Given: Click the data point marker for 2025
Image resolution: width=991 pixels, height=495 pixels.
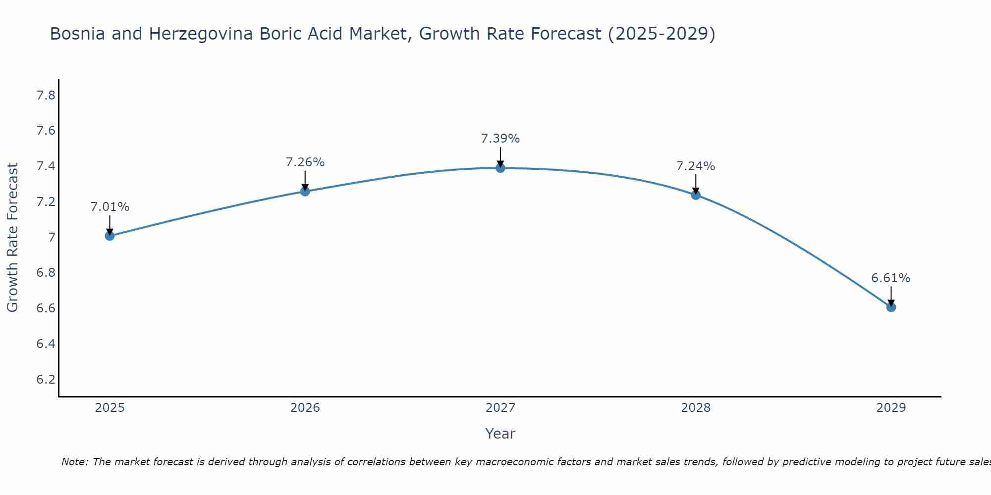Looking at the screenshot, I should pos(110,236).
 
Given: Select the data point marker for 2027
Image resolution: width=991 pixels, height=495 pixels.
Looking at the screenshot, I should pos(500,168).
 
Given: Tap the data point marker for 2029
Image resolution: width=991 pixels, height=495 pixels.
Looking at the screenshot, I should pos(891,307).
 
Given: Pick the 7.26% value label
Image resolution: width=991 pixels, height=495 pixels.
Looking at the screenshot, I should pos(305,162).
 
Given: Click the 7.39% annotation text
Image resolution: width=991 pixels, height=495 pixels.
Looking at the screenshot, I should pos(500,139).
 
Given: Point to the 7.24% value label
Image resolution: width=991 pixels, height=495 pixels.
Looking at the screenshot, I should pos(696,166).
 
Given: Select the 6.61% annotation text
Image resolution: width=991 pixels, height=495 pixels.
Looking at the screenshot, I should pos(891,278).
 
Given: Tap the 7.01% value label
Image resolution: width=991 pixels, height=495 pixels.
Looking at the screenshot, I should pos(110,207).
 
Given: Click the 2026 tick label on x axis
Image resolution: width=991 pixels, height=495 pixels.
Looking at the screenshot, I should pos(305,408).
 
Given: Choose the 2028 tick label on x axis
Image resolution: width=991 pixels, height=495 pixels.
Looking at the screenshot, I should pos(696,408).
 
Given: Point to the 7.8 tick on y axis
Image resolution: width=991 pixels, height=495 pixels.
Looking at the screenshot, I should pos(46,96).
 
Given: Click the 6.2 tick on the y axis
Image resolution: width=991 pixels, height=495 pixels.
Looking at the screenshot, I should pos(46,380).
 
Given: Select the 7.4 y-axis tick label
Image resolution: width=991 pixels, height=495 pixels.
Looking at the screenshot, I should pos(46,166).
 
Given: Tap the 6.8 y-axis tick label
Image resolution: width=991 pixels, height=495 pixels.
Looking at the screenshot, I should pos(46,273).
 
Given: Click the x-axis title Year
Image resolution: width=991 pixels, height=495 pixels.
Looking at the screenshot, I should pos(500,434).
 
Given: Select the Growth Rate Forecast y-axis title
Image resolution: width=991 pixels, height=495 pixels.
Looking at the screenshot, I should pos(13,238).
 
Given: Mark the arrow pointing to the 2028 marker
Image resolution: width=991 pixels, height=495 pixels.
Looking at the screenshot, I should pos(696,184).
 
